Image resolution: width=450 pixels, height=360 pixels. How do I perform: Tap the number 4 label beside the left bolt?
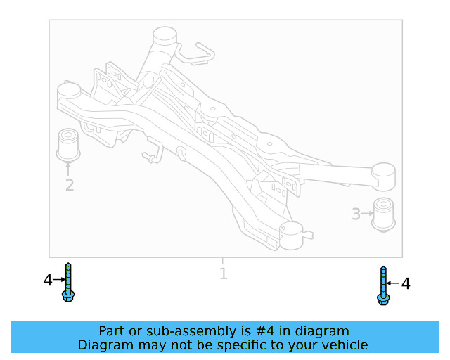47,281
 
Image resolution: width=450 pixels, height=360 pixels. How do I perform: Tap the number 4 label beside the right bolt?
405,284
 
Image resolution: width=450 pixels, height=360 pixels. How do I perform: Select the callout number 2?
69,186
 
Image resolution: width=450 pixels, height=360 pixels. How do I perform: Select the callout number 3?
356,214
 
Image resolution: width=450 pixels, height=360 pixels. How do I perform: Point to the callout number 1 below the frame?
223,274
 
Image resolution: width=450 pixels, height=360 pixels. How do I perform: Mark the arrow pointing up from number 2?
69,169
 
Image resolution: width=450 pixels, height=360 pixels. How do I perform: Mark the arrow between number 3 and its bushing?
368,214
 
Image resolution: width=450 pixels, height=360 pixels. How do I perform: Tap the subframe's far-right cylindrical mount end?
384,176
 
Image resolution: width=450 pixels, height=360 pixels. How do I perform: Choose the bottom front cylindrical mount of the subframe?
290,233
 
